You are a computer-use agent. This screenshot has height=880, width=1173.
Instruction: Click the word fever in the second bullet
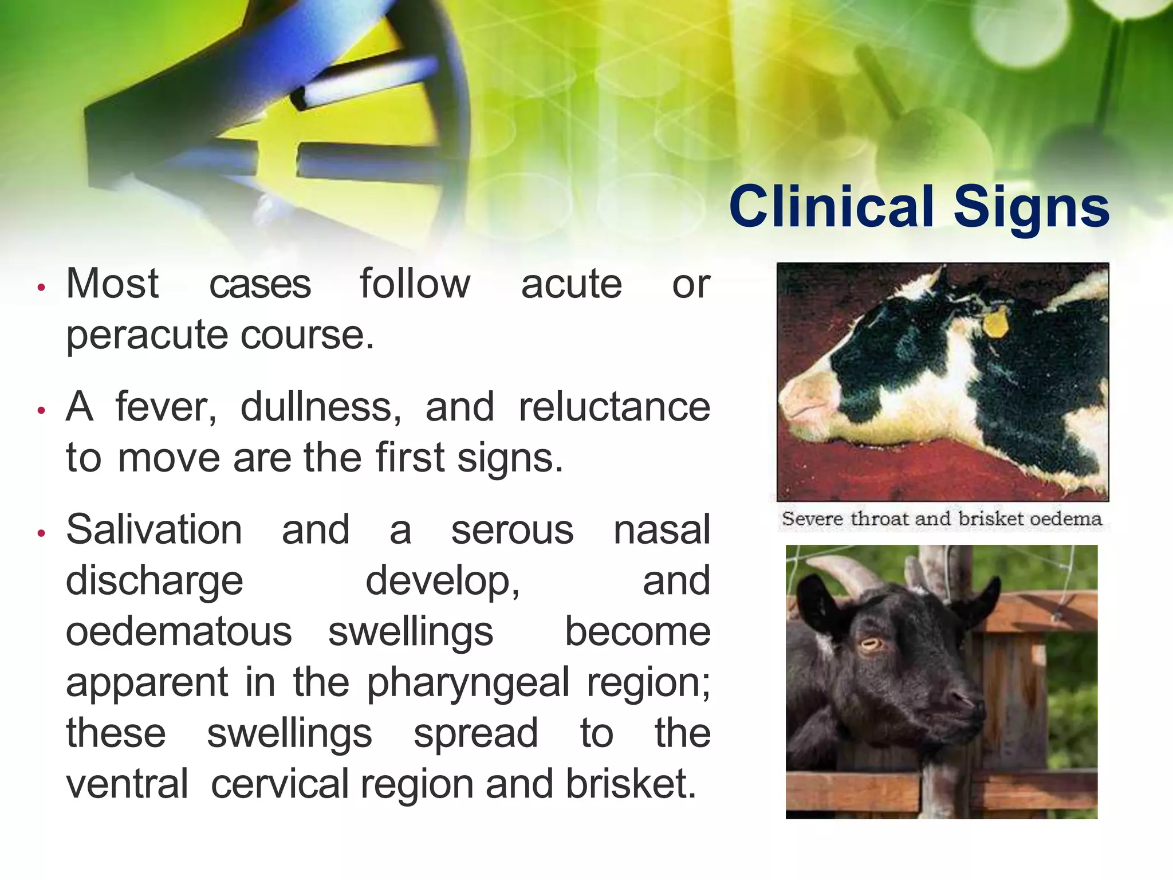(166, 407)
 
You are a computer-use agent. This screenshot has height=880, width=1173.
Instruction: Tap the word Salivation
(153, 530)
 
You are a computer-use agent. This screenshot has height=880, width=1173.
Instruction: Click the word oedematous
(179, 632)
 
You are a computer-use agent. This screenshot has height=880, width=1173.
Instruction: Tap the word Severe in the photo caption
(812, 518)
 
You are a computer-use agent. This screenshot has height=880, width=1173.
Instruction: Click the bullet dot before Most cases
(41, 287)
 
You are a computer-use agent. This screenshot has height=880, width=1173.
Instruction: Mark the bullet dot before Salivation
(41, 533)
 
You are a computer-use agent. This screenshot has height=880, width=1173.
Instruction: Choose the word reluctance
(614, 407)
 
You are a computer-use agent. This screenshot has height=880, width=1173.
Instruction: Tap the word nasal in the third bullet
(662, 530)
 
